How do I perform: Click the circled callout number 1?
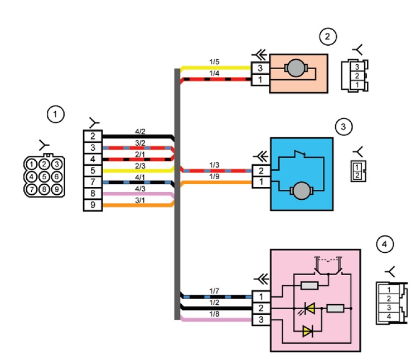[55, 114]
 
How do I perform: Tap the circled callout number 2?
[328, 37]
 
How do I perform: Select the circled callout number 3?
[344, 127]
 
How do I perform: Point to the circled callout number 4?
[385, 244]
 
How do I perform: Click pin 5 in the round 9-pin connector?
[44, 176]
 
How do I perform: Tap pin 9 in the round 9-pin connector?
[57, 189]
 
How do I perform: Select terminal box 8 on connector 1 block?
[93, 194]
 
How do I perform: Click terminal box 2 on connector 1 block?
[93, 136]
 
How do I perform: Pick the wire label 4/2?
[140, 131]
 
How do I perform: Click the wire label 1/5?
[214, 62]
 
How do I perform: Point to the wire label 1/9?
[214, 176]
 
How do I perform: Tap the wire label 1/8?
[214, 314]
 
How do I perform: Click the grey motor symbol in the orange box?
[296, 68]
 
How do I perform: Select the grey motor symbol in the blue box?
[301, 191]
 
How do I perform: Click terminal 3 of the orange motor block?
[260, 68]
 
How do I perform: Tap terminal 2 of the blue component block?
[261, 171]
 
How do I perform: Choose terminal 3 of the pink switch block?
[261, 320]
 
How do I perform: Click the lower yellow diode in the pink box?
[308, 332]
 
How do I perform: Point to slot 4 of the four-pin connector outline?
[389, 316]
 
